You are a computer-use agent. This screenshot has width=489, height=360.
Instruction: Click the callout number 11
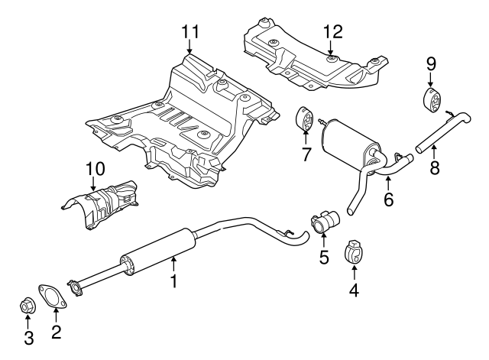click(x=189, y=31)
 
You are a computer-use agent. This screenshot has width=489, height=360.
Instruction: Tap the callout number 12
click(x=332, y=31)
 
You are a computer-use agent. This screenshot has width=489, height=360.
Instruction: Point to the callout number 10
click(x=93, y=167)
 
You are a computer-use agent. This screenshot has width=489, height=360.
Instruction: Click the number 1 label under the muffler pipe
click(x=173, y=281)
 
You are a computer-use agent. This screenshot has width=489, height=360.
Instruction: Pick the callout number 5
click(x=324, y=257)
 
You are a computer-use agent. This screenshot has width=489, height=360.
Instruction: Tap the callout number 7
click(x=306, y=155)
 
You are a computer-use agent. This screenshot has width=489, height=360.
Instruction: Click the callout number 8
click(x=434, y=167)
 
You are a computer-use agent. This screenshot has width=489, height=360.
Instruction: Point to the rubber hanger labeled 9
click(x=432, y=100)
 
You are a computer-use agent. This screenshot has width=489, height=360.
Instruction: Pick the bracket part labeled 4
click(x=354, y=251)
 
